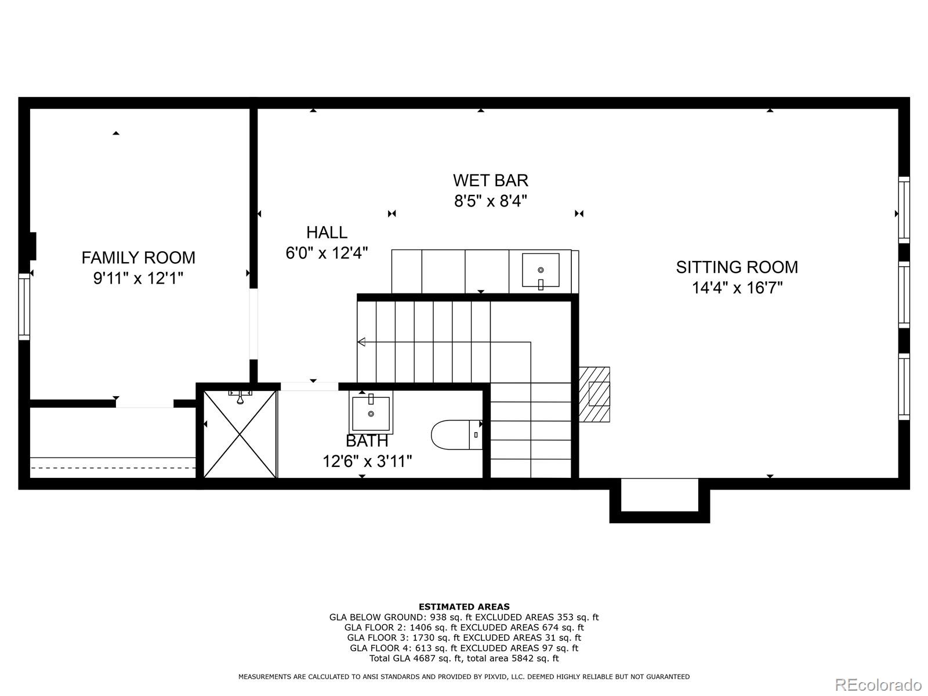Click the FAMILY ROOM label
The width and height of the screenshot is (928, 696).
point(138,258)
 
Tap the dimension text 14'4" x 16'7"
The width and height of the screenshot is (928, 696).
point(737,288)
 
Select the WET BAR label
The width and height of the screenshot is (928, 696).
point(491,180)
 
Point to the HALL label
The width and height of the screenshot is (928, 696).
point(327,233)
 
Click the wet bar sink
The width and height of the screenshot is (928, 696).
point(541,270)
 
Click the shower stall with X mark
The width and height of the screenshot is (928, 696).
point(240,434)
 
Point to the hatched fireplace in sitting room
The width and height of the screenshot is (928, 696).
point(594,394)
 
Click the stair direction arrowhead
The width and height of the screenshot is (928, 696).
point(361,342)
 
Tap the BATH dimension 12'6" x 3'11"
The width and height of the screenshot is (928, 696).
point(367,462)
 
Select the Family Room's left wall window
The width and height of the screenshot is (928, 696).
point(24,307)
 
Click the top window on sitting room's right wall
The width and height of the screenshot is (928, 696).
point(904,209)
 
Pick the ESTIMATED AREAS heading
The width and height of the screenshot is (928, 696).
point(464,607)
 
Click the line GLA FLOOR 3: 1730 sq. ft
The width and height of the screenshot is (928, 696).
point(464,637)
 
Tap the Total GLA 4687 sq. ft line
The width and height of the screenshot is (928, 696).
point(464,658)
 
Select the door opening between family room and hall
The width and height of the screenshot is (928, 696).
point(253,324)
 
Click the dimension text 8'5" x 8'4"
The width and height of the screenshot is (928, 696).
point(491,201)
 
